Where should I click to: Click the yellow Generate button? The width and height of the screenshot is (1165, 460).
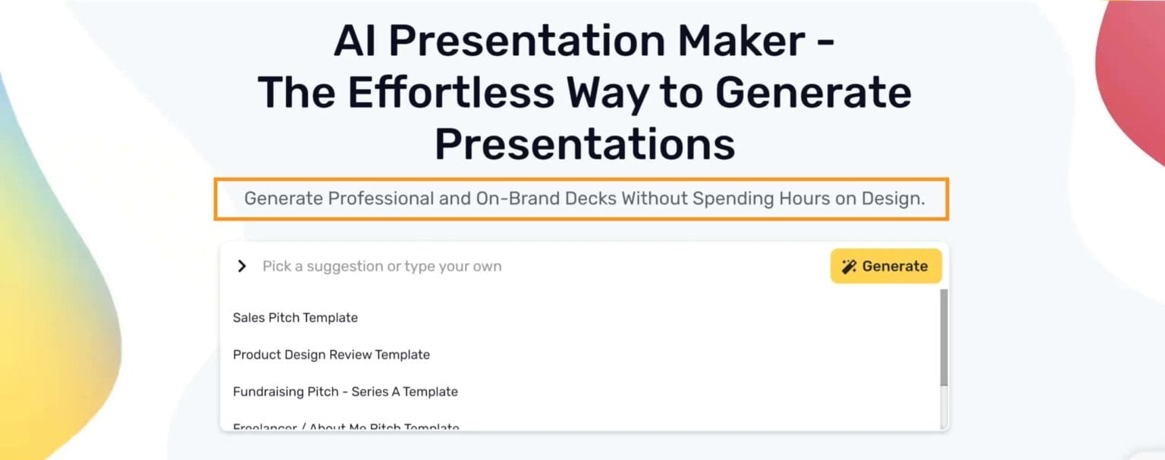tap(886, 266)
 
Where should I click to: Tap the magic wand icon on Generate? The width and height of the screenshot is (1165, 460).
tap(849, 266)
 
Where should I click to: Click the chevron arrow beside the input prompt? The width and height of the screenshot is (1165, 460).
tap(242, 266)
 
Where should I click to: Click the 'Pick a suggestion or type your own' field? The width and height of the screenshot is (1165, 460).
tap(455, 266)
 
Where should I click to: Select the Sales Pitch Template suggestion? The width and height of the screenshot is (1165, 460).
tap(295, 318)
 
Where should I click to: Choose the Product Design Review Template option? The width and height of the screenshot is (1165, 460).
tap(331, 355)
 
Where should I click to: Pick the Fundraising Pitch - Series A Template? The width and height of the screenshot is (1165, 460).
tap(345, 392)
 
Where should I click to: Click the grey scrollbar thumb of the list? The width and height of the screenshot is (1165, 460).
tap(944, 337)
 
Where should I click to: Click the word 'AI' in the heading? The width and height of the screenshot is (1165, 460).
tap(356, 41)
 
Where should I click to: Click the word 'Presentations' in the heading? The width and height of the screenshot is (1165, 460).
tap(584, 143)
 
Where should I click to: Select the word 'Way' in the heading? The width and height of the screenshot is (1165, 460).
tap(608, 92)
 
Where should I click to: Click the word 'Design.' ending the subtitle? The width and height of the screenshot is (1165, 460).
tap(893, 199)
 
